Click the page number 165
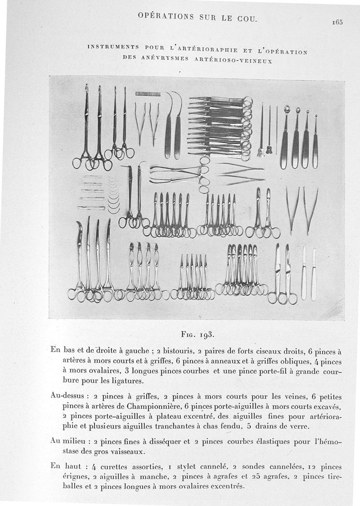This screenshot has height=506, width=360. click(338, 22)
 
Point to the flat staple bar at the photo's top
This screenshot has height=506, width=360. click(148, 94)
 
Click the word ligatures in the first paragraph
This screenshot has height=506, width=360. click(130, 381)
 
